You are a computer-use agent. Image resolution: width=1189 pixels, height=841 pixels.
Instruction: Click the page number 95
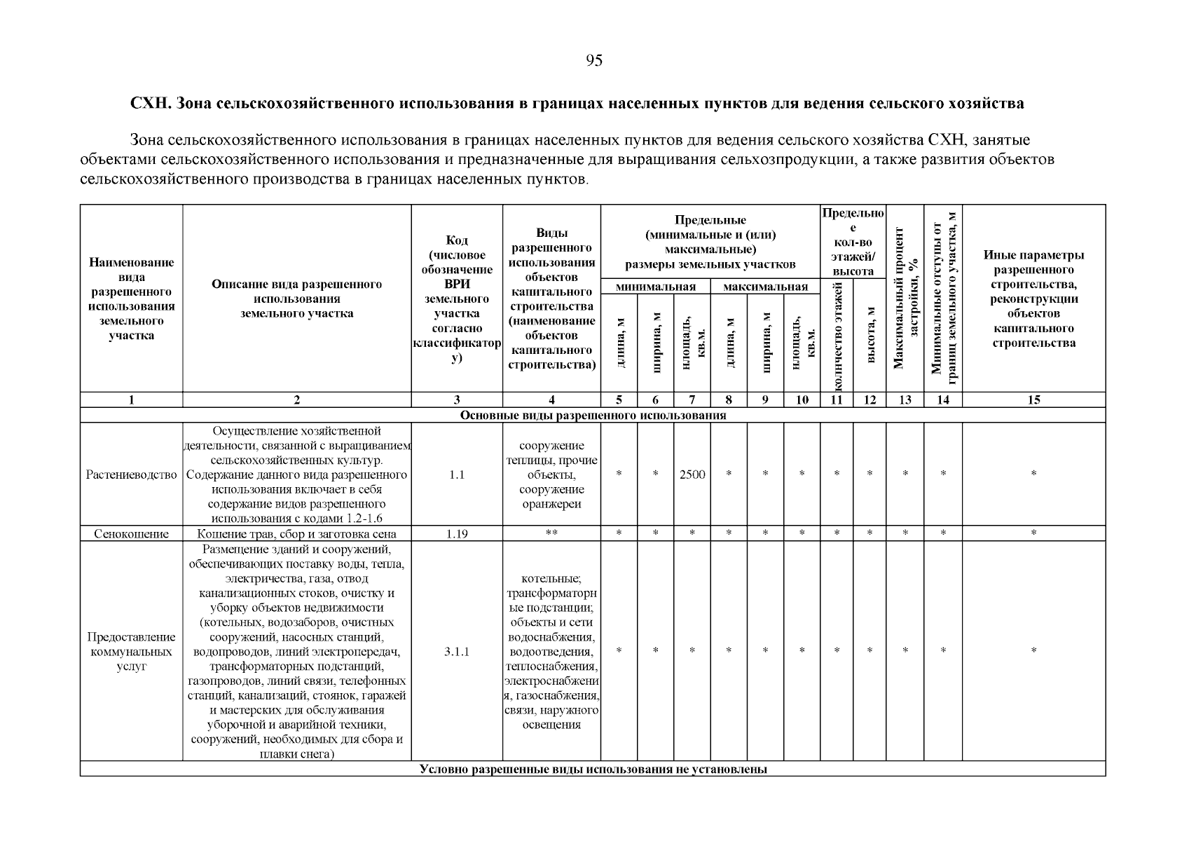click(593, 61)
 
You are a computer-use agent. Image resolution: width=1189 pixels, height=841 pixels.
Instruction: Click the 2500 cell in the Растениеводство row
click(692, 474)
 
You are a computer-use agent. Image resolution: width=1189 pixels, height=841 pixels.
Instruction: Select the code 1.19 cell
click(457, 534)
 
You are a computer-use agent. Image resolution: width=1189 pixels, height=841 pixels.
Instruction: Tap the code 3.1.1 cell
click(457, 651)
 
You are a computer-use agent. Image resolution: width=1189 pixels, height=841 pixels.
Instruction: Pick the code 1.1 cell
click(457, 474)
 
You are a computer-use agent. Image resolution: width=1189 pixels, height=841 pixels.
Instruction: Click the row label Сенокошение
click(132, 534)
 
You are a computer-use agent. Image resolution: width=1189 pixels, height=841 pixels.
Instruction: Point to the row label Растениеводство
click(132, 474)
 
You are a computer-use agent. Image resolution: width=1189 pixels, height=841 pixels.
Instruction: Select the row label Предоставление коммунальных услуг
click(132, 651)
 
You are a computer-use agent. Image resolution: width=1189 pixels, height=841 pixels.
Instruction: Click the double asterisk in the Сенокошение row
click(551, 534)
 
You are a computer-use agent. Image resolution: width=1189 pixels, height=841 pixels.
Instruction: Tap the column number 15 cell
click(1033, 400)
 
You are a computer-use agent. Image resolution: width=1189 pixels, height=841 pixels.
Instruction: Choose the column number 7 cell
click(692, 400)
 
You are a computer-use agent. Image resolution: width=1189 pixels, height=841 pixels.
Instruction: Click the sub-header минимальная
click(656, 287)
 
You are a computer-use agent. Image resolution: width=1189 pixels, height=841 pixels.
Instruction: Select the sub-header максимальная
click(765, 287)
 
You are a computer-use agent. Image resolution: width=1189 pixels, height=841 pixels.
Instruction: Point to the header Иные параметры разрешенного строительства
click(1033, 299)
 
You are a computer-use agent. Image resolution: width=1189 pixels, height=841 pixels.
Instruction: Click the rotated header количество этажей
click(837, 334)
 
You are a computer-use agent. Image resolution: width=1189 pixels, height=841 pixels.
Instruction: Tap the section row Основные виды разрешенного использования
click(593, 416)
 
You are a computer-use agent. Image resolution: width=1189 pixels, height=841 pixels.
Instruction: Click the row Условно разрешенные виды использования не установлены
click(593, 770)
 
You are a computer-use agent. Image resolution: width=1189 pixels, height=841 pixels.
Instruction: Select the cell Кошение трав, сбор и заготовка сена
click(297, 534)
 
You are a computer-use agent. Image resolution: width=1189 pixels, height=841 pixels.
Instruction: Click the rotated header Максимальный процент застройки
click(905, 298)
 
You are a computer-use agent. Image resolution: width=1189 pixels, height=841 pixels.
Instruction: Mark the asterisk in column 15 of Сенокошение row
click(1033, 534)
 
